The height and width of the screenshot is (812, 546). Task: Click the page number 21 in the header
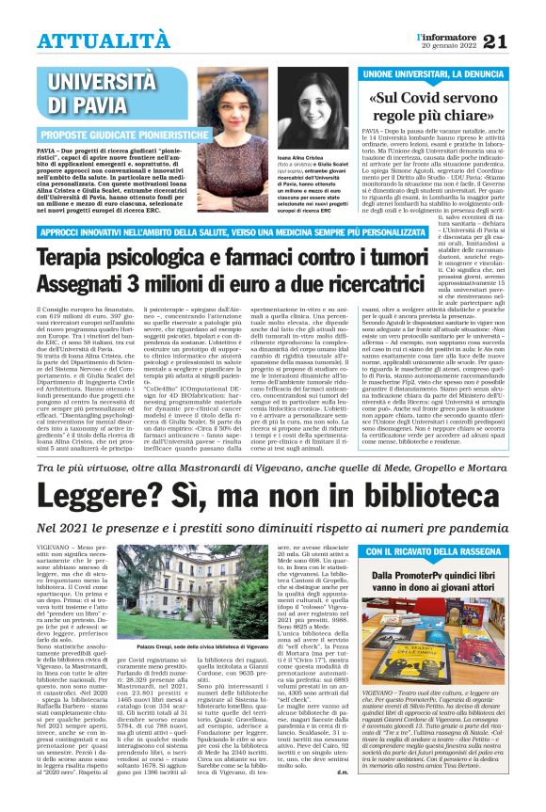(521, 40)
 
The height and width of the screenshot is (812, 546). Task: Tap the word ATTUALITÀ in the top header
(91, 40)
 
